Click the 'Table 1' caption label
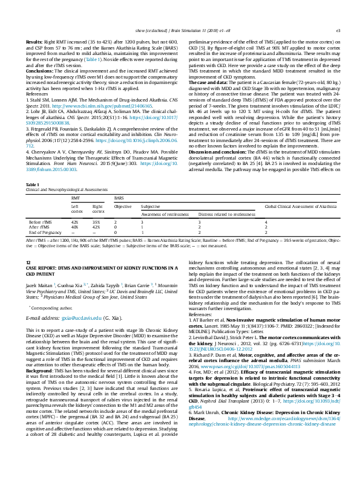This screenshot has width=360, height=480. tap(31, 184)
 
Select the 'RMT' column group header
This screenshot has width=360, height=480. tap(75, 198)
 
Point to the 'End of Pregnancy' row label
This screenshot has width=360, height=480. tap(45, 232)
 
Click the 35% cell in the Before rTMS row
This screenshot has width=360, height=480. tap(96, 223)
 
